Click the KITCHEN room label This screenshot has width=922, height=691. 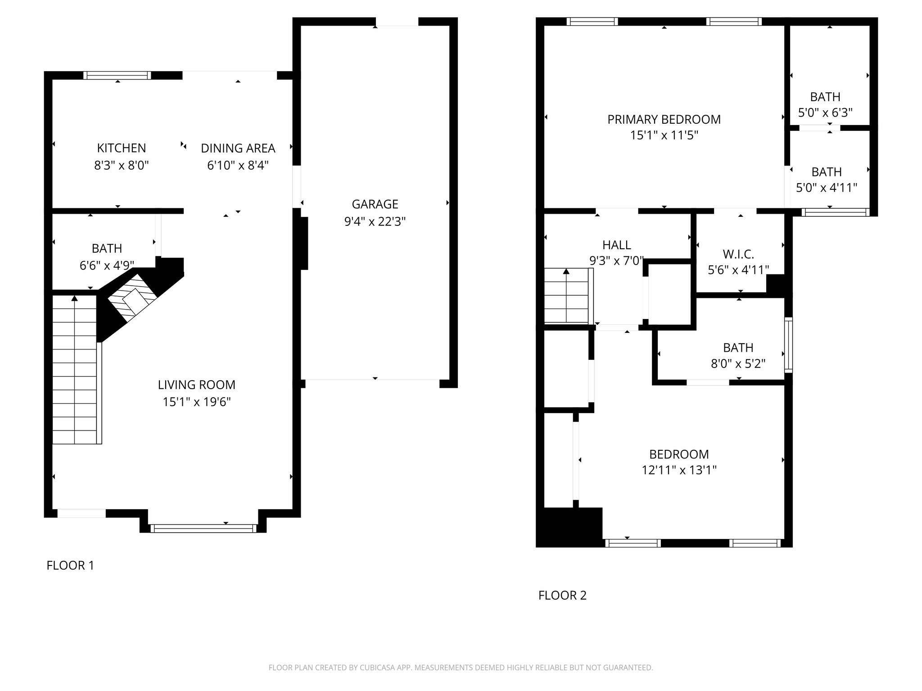(x=121, y=148)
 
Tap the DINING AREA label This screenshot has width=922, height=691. (x=238, y=148)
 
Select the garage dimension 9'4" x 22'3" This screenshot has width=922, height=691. (x=375, y=221)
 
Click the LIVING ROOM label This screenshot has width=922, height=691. (x=196, y=385)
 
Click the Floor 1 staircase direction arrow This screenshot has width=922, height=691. (x=74, y=298)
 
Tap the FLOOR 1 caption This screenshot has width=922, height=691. (x=70, y=565)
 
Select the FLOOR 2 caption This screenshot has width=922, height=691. (x=562, y=595)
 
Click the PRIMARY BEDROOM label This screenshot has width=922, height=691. (x=664, y=119)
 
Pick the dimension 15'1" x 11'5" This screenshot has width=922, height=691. (x=664, y=135)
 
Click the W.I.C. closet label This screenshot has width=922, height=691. (x=738, y=254)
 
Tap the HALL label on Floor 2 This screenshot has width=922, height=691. (x=616, y=245)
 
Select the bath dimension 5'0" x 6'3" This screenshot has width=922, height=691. (x=825, y=112)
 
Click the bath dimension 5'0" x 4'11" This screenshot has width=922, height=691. (x=827, y=188)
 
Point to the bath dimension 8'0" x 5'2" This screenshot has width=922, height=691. (x=738, y=363)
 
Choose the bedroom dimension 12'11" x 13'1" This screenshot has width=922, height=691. (x=679, y=470)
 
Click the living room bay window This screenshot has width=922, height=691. (x=203, y=528)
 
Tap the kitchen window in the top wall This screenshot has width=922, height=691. (x=118, y=75)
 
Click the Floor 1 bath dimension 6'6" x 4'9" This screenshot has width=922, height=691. (x=107, y=265)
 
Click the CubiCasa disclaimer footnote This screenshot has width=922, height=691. (x=461, y=668)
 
